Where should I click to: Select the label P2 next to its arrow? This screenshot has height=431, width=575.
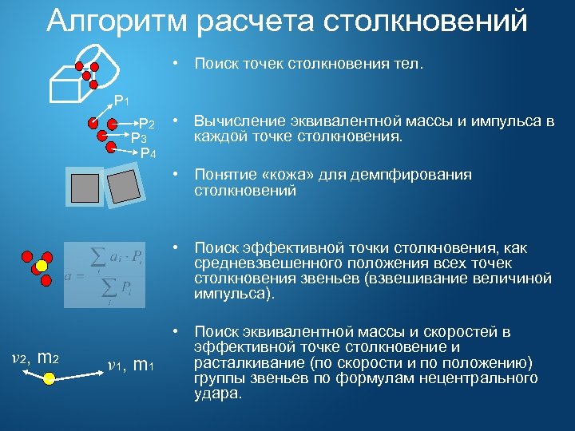tap(147, 125)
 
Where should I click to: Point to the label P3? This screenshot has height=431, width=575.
tap(139, 138)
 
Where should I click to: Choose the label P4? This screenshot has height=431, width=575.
tap(149, 152)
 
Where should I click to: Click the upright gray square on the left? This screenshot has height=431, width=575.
tap(85, 188)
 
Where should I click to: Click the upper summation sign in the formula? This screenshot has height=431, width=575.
tap(98, 257)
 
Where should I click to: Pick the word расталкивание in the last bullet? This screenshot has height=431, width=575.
tap(243, 362)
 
